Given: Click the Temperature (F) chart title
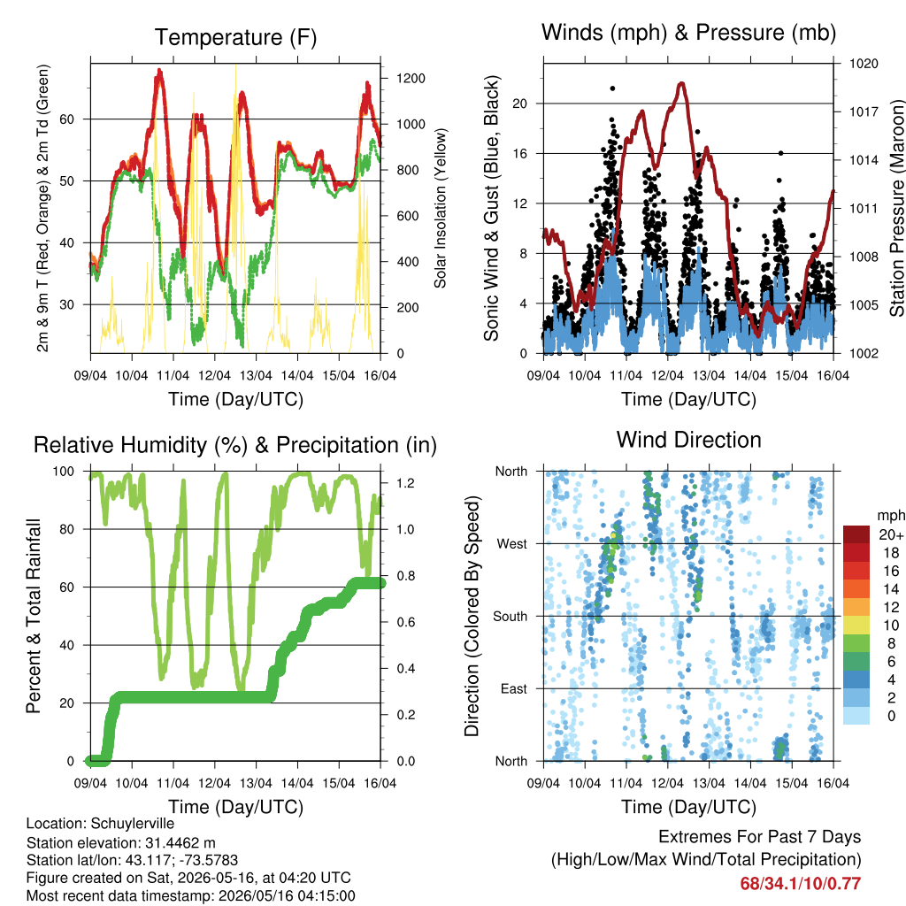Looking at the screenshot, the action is pos(235,37).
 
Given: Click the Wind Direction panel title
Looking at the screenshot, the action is pos(688,440).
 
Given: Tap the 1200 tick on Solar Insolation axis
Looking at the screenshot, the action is pos(411,79).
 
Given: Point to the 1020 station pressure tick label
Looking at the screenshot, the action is pos(864,64).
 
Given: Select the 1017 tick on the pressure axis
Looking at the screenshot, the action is pos(864,111).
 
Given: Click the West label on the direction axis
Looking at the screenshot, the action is pos(512,544).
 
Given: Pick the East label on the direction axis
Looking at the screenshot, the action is pos(514,688).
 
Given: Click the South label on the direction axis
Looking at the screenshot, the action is pos(511,617).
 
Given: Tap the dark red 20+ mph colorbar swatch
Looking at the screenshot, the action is pos(856,534).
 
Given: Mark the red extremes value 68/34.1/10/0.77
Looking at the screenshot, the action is pos(800,884).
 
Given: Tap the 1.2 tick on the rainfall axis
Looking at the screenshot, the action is pos(405,483).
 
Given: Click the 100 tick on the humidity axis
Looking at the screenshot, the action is pos(64,472).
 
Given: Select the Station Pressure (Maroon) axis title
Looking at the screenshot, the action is pos(896,208).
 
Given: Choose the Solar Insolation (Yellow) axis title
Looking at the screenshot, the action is pos(441,208).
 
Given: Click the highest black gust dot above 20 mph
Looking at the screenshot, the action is pos(612,88).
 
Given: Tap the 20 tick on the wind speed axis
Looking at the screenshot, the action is pos(520,104).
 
